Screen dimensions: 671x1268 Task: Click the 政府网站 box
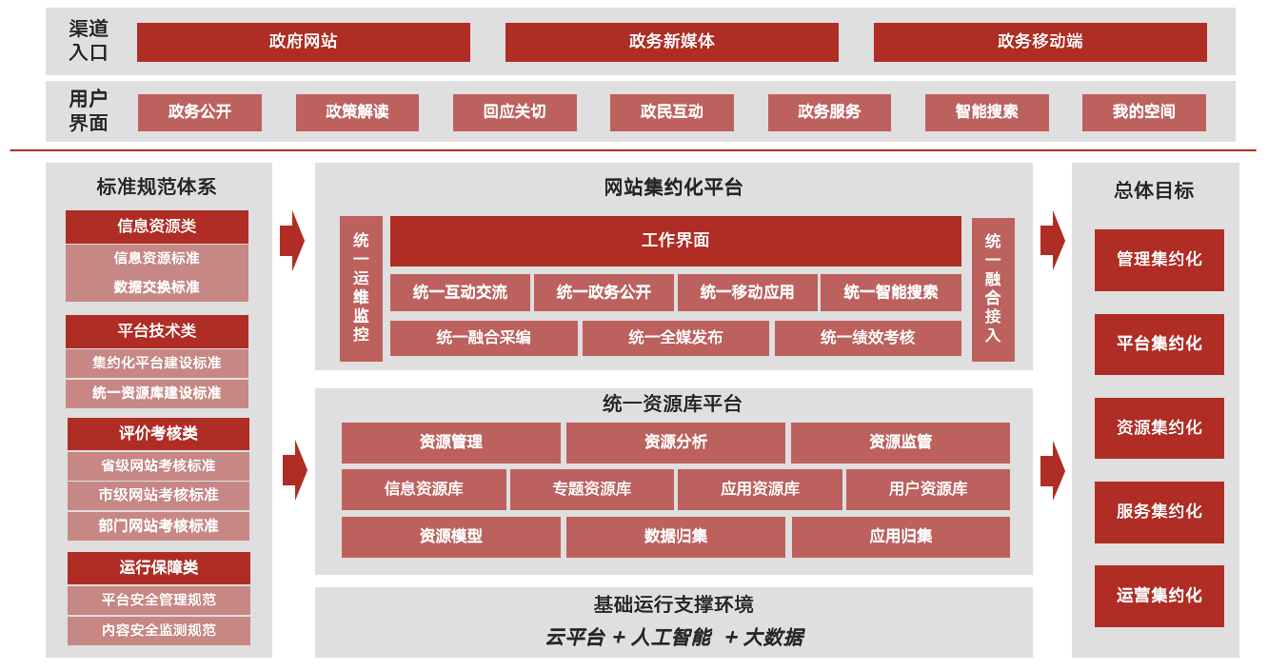point(303,42)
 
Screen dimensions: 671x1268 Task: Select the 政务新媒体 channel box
point(671,42)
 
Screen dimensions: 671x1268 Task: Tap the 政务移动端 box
point(1040,42)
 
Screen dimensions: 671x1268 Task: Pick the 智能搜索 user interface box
point(986,112)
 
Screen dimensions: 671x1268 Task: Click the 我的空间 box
point(1143,112)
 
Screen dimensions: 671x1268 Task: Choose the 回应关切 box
point(514,112)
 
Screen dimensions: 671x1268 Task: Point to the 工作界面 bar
point(675,241)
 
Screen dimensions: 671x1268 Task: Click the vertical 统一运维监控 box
point(361,288)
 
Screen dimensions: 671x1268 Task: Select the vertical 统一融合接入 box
point(993,288)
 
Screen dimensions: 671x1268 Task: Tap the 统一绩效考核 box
point(867,338)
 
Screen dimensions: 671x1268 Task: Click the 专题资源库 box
point(592,489)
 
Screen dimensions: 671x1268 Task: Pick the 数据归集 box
point(675,537)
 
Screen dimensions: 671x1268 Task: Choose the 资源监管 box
point(900,443)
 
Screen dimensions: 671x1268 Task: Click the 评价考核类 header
point(158,433)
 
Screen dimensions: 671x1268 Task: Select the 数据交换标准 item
point(157,287)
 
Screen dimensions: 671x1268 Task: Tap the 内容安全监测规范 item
point(158,630)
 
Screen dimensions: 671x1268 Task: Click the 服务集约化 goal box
point(1159,512)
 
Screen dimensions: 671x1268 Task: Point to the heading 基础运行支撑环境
point(673,604)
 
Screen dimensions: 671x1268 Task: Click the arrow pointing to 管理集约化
point(1052,240)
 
